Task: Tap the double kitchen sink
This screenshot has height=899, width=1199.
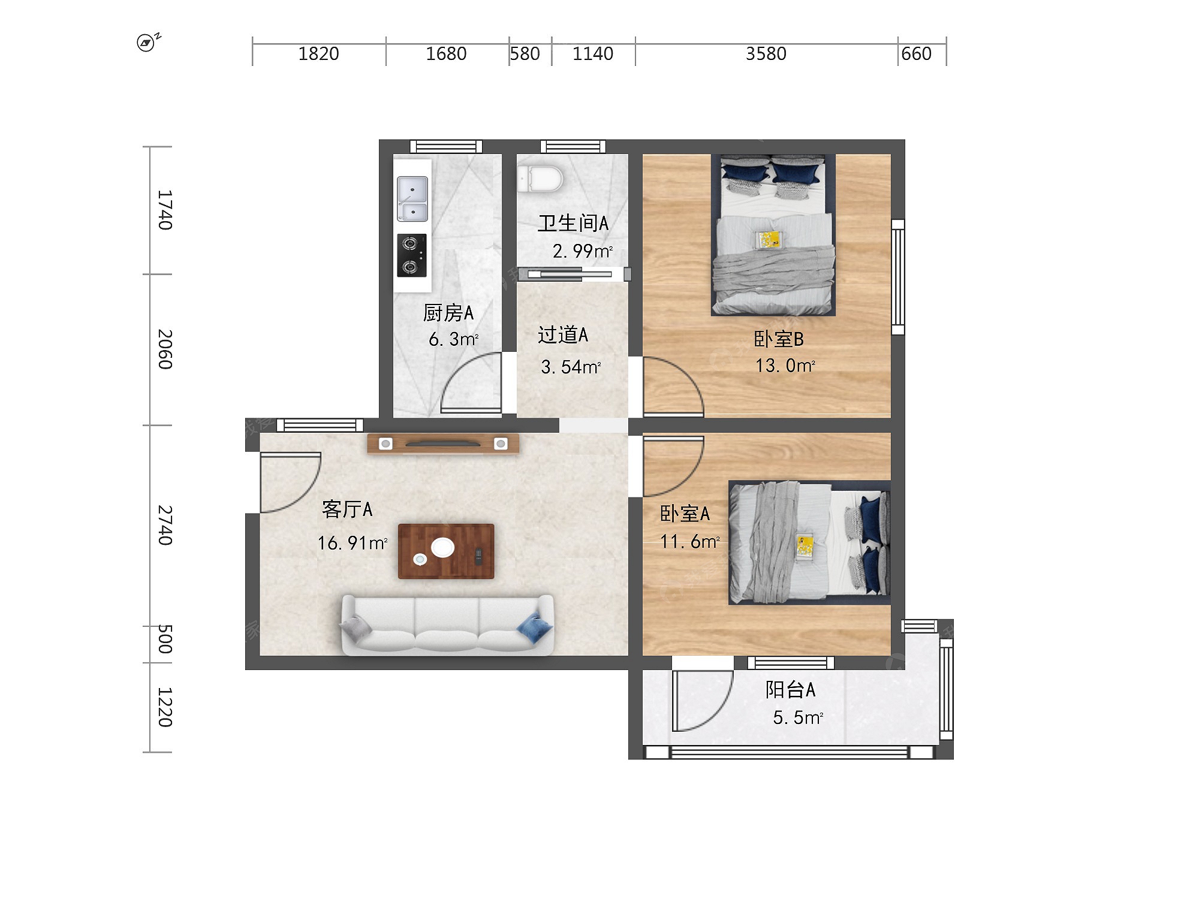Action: (412, 199)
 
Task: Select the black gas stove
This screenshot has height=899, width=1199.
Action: (412, 255)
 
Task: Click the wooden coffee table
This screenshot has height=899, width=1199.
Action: (446, 551)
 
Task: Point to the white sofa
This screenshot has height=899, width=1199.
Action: (447, 625)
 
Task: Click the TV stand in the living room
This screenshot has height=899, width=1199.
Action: (443, 444)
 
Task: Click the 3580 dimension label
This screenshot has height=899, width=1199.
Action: (766, 54)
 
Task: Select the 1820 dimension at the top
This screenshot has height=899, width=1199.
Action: (318, 54)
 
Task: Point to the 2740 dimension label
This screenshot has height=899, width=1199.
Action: (165, 525)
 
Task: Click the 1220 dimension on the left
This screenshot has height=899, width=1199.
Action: (165, 707)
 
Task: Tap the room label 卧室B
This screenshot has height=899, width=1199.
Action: (778, 339)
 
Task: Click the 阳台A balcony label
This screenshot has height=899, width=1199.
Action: (790, 689)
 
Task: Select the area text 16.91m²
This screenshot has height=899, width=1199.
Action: (353, 543)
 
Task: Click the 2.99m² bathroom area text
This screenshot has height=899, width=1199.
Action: (583, 251)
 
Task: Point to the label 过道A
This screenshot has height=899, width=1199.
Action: (563, 334)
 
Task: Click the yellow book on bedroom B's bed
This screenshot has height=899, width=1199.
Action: (769, 239)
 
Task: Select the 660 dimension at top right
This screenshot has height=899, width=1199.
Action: (916, 54)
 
